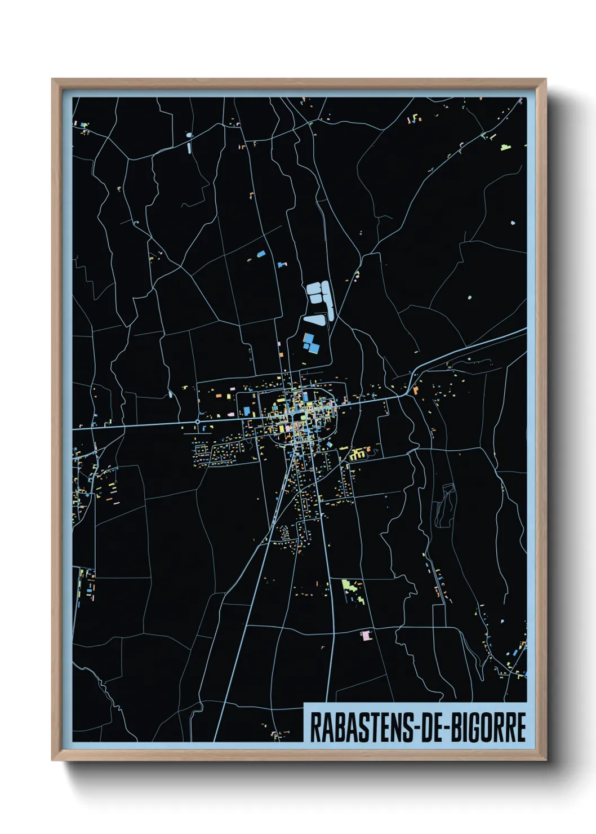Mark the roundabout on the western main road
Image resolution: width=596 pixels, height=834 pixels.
pos(198,421)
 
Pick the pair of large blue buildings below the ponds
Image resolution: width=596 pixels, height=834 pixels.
pos(310,343)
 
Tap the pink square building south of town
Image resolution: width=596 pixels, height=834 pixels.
pos(367,635)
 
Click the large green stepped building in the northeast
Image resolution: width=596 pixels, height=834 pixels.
pos(505,147)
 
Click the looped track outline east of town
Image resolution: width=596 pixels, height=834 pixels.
pos(444,504)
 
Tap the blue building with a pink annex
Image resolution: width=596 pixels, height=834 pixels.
pos(282,264)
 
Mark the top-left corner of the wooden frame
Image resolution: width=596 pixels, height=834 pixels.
pos(52,79)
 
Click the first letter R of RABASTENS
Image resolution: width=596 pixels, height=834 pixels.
pos(314,727)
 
